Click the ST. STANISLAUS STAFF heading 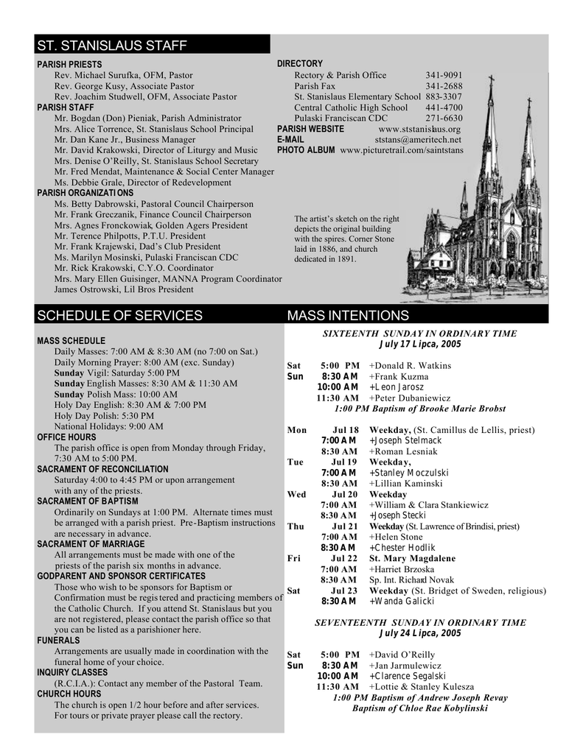click(112, 46)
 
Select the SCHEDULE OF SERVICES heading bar click(119, 316)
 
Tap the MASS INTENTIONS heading click(348, 316)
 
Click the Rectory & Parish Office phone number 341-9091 click(444, 75)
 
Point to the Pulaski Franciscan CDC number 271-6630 click(444, 118)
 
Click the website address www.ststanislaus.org click(419, 129)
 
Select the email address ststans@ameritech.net click(418, 139)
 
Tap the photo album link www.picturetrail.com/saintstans click(402, 150)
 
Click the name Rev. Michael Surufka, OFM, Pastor click(124, 75)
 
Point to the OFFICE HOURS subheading click(66, 437)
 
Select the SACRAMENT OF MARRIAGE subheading click(91, 544)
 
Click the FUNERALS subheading click(58, 641)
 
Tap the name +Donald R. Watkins click(411, 366)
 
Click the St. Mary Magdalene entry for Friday click(412, 558)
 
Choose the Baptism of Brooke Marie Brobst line click(420, 409)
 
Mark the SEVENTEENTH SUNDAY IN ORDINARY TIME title click(420, 622)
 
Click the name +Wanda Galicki click(402, 602)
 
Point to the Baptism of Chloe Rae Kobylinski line click(420, 708)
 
